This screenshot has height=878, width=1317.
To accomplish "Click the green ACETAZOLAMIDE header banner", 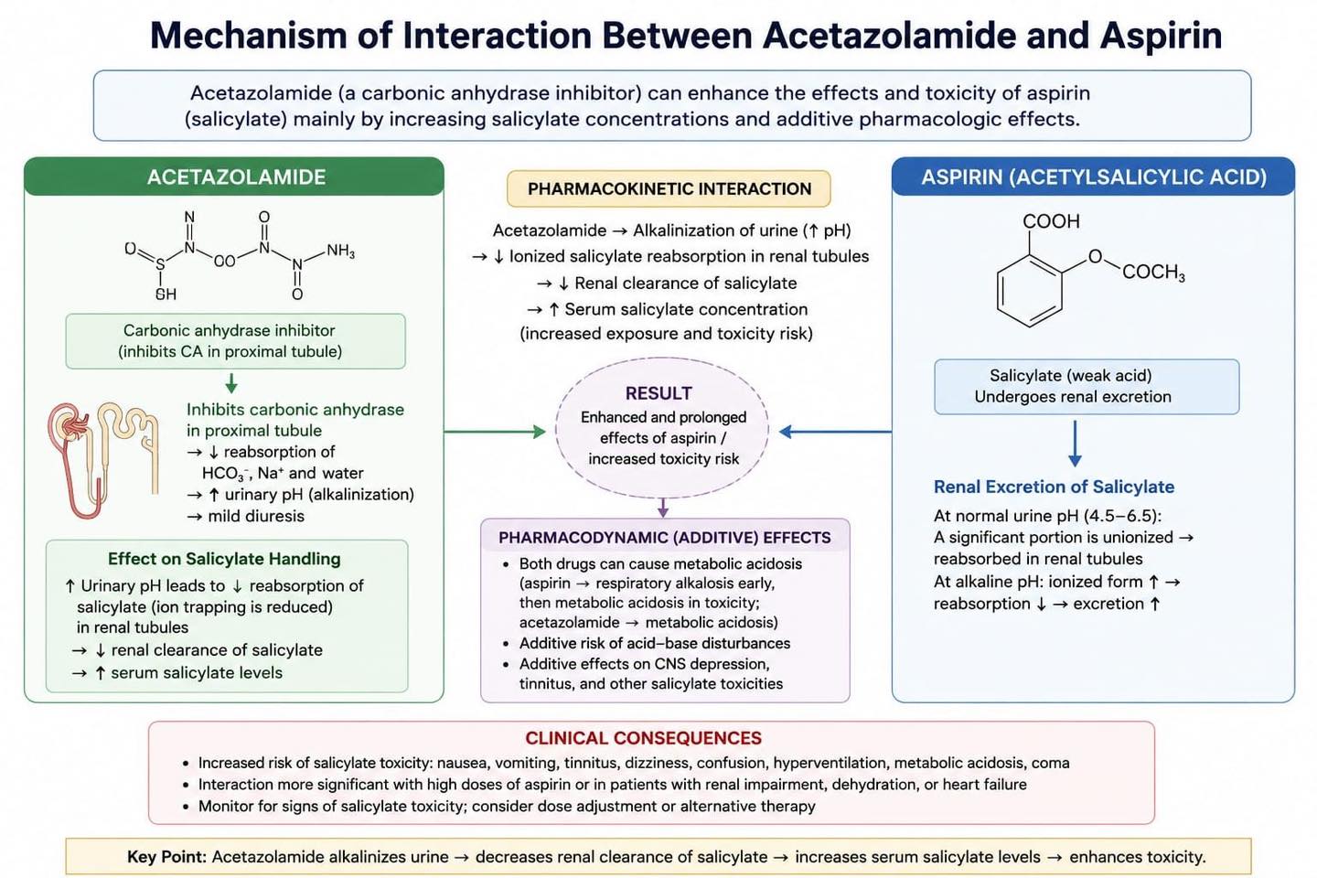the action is click(x=234, y=177).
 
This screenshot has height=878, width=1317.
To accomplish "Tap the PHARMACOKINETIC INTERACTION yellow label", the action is click(x=669, y=188).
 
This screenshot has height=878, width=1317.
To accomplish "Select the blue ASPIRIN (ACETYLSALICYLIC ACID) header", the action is click(x=1093, y=177).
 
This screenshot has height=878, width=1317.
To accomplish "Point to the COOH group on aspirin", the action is click(x=1051, y=221).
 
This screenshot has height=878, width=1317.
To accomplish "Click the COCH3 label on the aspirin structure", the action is click(x=1153, y=273).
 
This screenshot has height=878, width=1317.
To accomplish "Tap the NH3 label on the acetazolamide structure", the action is click(x=341, y=252).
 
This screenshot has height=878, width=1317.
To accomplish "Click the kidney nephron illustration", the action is click(x=103, y=460).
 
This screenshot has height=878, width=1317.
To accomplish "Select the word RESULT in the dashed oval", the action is click(x=658, y=393).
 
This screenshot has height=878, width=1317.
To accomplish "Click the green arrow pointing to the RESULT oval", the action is click(x=495, y=432).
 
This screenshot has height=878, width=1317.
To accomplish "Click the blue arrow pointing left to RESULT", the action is click(x=836, y=432).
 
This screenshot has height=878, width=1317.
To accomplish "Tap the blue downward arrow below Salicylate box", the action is click(x=1075, y=444).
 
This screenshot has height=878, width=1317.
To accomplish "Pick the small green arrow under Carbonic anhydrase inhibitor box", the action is click(x=231, y=383).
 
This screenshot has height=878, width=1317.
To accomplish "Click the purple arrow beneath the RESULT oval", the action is click(x=663, y=508).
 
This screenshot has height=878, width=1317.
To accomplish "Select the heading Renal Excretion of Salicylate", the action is click(x=1054, y=487).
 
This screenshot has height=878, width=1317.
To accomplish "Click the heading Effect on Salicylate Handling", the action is click(x=224, y=559).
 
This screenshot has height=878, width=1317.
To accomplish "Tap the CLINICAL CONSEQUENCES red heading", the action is click(x=643, y=738).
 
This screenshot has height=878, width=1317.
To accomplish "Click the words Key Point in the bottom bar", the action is click(x=167, y=857).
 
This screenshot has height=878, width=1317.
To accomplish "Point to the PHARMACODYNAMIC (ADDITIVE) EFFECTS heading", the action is click(x=664, y=538).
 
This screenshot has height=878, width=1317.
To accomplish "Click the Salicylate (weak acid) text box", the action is click(x=1087, y=386).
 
